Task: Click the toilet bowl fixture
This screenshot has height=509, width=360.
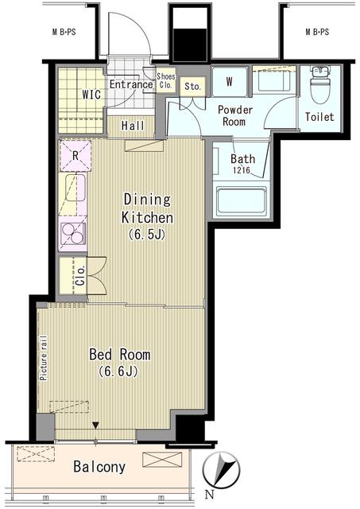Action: pos(319,84)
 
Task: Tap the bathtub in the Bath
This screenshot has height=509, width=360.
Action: pos(241,201)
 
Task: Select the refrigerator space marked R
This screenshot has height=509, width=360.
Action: pos(75,156)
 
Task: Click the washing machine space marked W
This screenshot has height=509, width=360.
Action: pos(230,81)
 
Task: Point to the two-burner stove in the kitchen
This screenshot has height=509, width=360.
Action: pos(73,233)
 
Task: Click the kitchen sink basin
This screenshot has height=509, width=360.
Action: pos(75,188)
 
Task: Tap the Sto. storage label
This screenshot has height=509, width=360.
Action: pos(192,87)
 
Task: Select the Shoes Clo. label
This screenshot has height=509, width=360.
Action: pos(166,81)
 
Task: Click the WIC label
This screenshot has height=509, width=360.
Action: pos(91,95)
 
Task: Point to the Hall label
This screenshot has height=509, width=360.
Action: pos(133,126)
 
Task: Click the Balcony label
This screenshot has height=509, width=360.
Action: pos(99,467)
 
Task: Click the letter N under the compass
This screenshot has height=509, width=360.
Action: pos(210,495)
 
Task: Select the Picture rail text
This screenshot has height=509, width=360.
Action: pos(44,358)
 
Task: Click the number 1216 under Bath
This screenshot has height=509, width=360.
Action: pos(242,169)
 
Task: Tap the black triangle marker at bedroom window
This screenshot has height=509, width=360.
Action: pos(95,425)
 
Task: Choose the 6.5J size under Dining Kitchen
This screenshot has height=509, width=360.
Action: pos(147,234)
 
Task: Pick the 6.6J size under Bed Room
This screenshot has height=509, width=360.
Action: pos(118,371)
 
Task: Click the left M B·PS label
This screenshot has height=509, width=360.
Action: pos(64,32)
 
